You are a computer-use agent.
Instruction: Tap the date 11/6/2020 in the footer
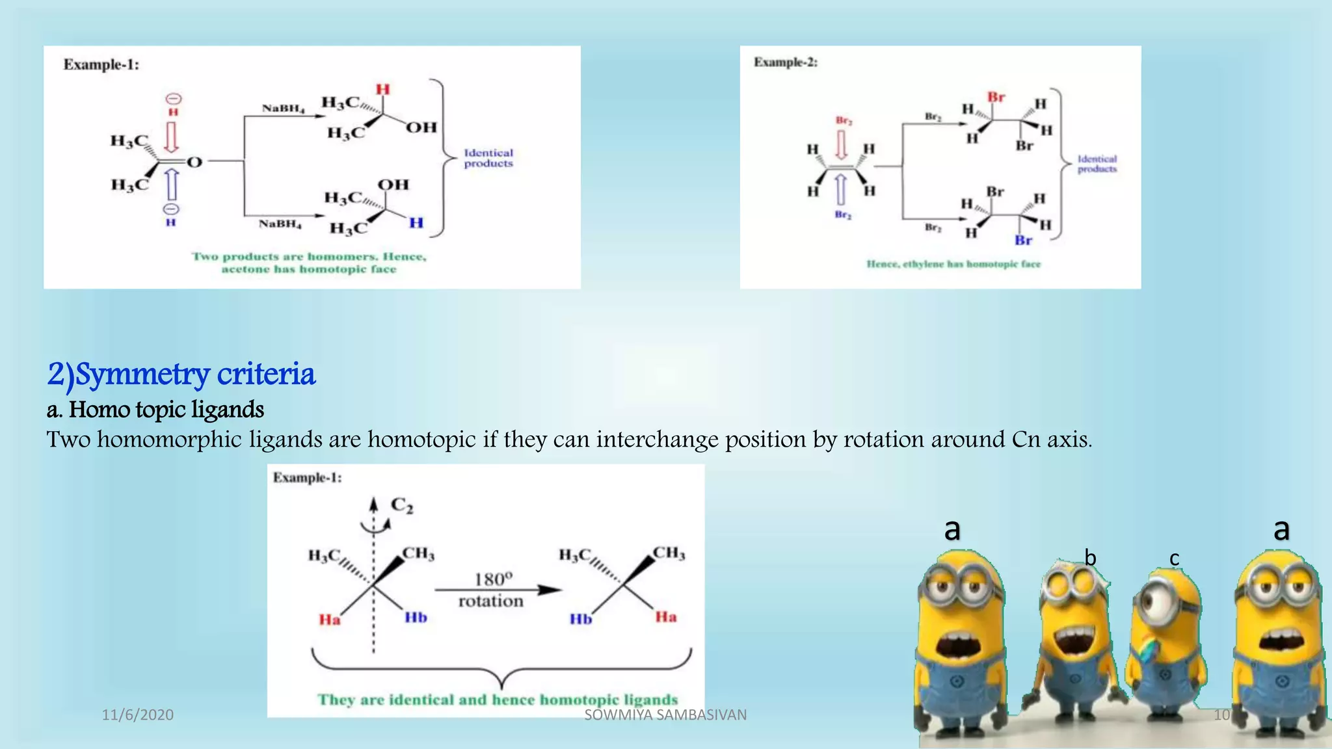138,715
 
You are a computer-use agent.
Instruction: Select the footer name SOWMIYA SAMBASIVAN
665,715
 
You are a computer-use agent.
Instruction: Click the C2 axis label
401,505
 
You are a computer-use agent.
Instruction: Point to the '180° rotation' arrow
498,590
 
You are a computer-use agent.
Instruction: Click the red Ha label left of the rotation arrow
329,620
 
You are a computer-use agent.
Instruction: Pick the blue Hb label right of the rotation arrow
581,619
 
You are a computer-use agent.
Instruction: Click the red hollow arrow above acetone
172,137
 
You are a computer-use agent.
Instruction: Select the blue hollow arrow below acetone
172,185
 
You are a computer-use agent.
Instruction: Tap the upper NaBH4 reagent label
283,108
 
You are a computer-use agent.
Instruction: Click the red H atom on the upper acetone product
382,90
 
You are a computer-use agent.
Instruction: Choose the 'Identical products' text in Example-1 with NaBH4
488,158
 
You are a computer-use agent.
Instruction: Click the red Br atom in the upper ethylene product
996,98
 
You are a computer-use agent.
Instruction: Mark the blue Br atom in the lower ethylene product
1023,241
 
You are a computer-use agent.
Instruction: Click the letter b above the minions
1090,558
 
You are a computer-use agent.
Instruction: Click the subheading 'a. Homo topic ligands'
155,410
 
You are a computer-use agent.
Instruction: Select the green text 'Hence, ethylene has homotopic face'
953,264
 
